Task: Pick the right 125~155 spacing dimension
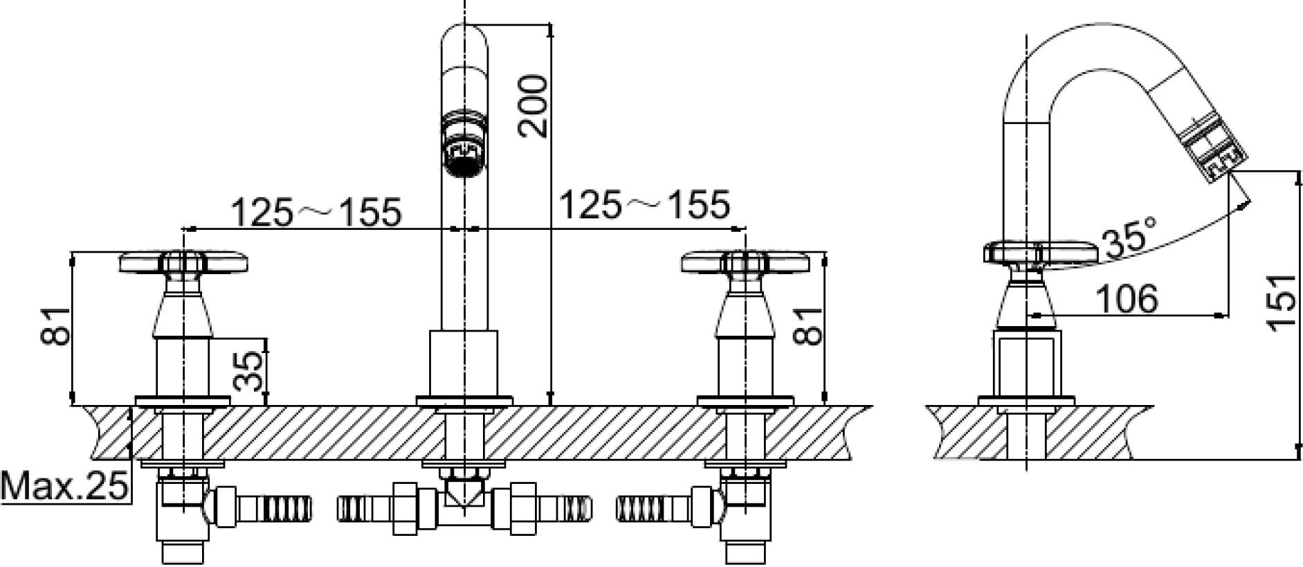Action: (x=644, y=204)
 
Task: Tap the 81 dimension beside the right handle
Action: (x=810, y=325)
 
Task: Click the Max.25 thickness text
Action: (x=65, y=487)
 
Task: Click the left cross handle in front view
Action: (x=184, y=264)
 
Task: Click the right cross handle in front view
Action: (x=745, y=264)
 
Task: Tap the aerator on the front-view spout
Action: (x=465, y=146)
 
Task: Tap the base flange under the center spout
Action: (x=464, y=401)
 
